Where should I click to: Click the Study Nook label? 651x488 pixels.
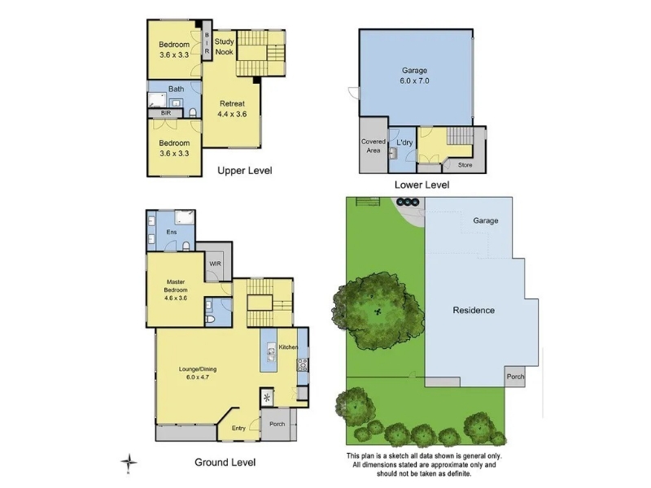[x=225, y=46]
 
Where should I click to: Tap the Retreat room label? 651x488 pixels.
[x=232, y=104]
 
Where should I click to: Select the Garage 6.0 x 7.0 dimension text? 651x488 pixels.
[x=414, y=81]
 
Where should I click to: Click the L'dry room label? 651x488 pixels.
[x=404, y=142]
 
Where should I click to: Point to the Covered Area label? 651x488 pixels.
[x=374, y=146]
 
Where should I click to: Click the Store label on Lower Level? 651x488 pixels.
[x=465, y=165]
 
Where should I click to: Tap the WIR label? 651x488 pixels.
[x=215, y=264]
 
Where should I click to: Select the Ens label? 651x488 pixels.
[x=172, y=232]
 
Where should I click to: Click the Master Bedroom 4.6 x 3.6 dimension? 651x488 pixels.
[x=176, y=298]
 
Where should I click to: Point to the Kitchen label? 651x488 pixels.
[x=288, y=347]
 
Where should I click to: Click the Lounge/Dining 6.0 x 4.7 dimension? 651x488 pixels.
[x=198, y=377]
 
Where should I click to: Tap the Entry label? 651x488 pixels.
[x=238, y=428]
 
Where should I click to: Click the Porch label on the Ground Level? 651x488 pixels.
[x=277, y=424]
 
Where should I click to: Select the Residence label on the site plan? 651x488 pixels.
[x=474, y=310]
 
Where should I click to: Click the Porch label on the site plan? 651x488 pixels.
[x=515, y=377]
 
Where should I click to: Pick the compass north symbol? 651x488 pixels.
[x=129, y=463]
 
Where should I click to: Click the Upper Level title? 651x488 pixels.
[x=245, y=171]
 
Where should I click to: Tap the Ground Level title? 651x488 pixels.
[x=225, y=462]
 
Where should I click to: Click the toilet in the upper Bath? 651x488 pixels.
[x=193, y=112]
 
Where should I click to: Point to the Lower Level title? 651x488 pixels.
[x=422, y=185]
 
